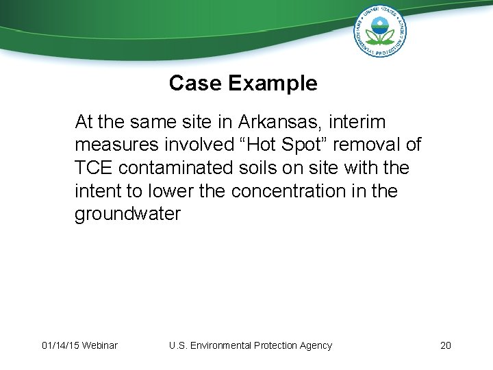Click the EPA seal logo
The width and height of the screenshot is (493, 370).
(x=380, y=31)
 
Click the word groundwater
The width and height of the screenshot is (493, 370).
(x=127, y=214)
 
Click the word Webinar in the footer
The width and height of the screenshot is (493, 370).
(x=99, y=345)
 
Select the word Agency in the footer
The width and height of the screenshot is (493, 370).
(x=315, y=345)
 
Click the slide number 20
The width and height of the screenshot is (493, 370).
(x=445, y=345)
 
